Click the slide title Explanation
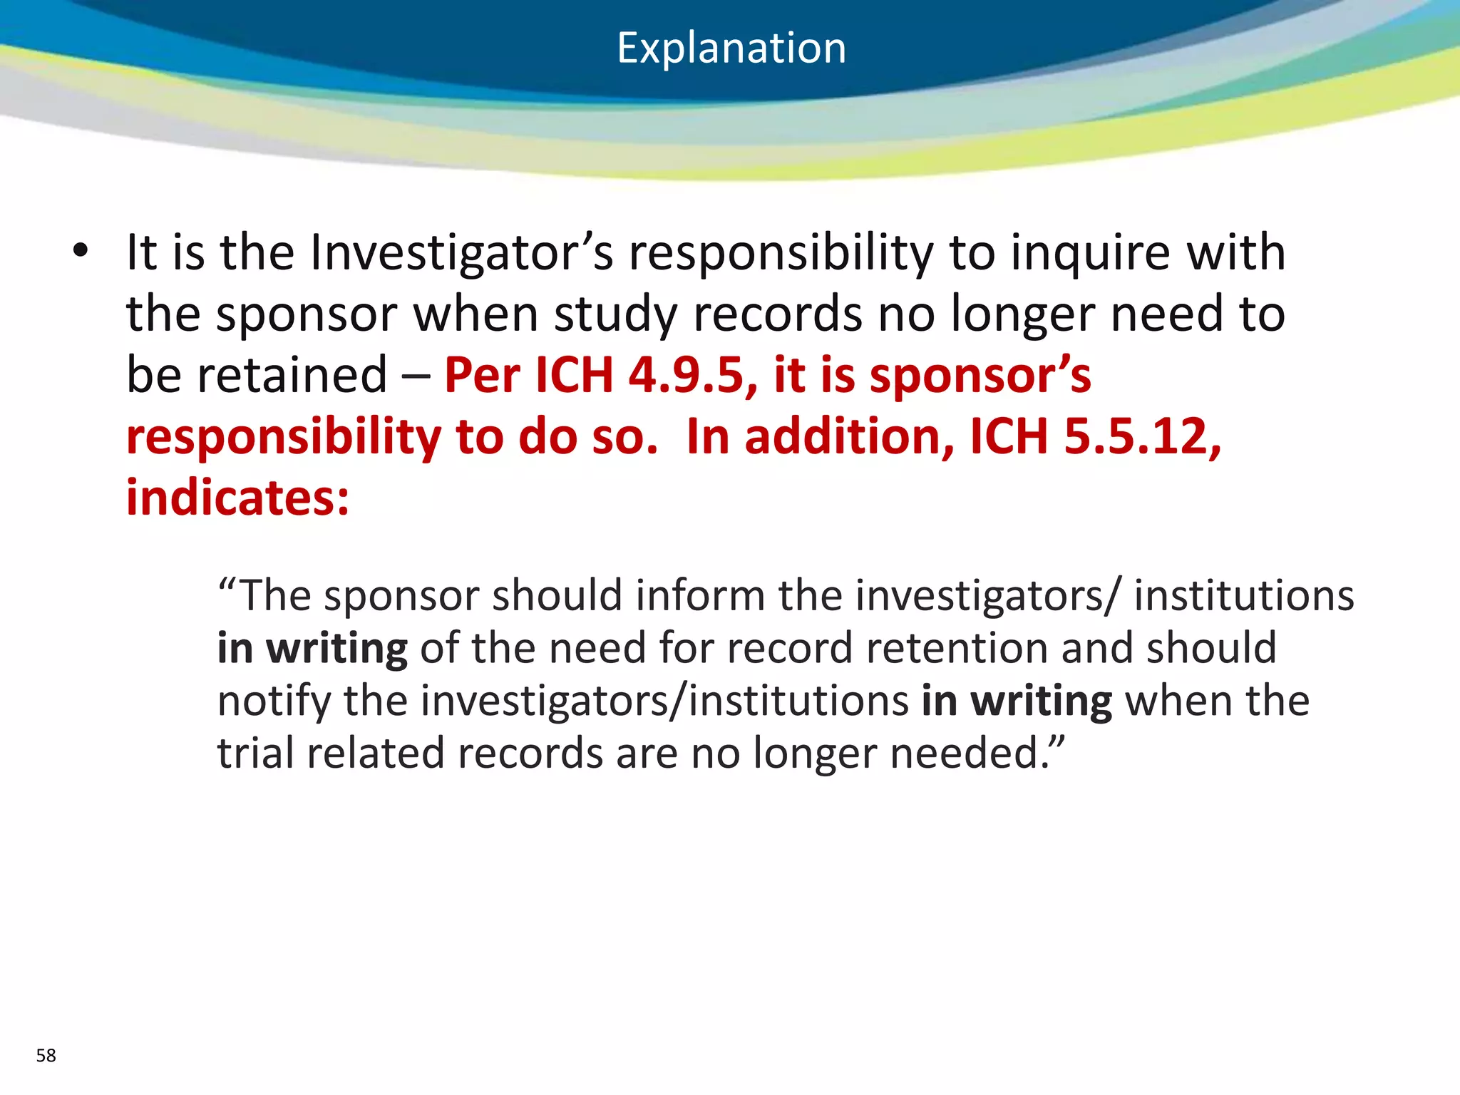[731, 48]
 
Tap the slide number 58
[46, 1055]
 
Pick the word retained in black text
[292, 375]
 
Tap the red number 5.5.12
[1143, 436]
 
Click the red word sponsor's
[980, 376]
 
